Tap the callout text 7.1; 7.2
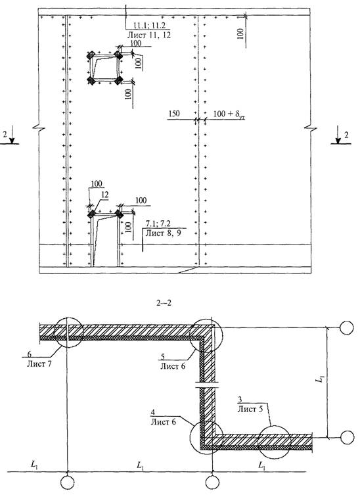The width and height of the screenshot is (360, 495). tap(158, 224)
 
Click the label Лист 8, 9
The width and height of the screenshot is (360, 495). tap(164, 233)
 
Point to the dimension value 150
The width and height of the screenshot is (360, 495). tap(174, 114)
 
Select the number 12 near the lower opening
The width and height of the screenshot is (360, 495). tap(104, 195)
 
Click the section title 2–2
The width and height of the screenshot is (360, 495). tap(164, 304)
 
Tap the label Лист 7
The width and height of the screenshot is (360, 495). tap(39, 364)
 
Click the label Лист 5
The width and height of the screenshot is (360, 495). tap(250, 409)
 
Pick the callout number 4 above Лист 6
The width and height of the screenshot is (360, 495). tap(153, 413)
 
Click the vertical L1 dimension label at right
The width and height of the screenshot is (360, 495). tap(320, 379)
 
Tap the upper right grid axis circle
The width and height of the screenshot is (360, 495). tap(347, 327)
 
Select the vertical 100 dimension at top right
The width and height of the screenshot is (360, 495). tap(240, 34)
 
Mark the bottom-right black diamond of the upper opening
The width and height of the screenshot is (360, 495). tap(118, 80)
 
